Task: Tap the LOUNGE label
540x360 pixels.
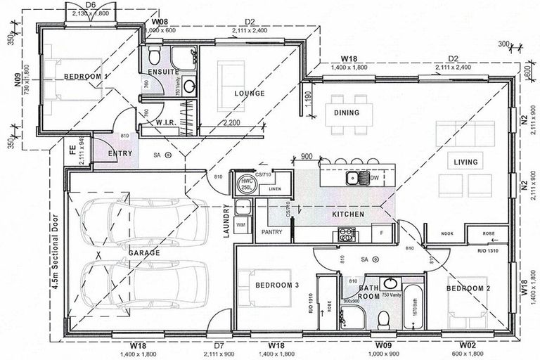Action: pyautogui.click(x=250, y=94)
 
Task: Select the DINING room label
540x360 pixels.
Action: pyautogui.click(x=347, y=112)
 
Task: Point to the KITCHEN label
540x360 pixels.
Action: pyautogui.click(x=348, y=213)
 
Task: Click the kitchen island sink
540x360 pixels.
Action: pyautogui.click(x=352, y=178)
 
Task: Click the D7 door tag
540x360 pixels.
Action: pyautogui.click(x=219, y=346)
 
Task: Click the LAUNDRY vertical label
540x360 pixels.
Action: pyautogui.click(x=226, y=222)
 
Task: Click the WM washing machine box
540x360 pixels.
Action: pyautogui.click(x=241, y=224)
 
